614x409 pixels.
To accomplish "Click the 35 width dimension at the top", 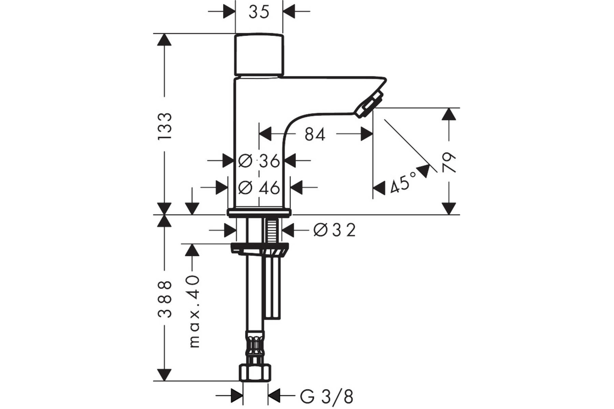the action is point(259,12).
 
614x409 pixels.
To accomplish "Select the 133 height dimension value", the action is point(165,126).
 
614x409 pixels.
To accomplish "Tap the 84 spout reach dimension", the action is point(315,134).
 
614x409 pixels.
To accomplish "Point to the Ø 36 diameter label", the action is point(259,161).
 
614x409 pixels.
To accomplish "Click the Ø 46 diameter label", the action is point(259,188).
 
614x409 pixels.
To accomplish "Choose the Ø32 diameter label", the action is point(335,230).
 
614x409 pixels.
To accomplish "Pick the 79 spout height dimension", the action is point(449,162).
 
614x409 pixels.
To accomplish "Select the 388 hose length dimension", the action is point(165,299).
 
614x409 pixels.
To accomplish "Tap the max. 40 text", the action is point(194,311).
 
